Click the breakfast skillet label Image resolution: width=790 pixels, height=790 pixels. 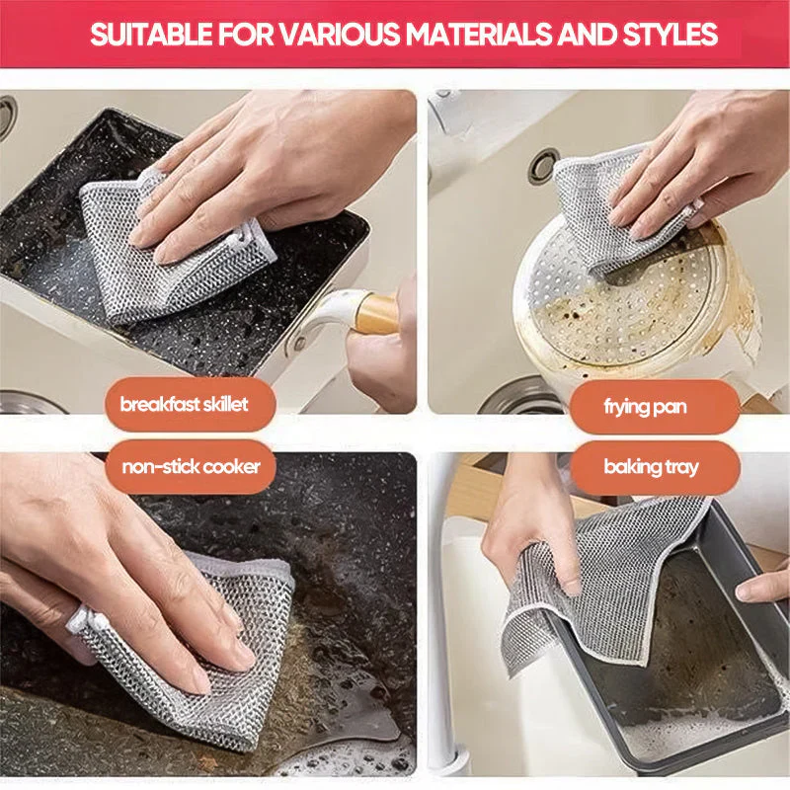tap(185, 405)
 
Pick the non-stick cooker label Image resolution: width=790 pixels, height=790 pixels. tap(191, 466)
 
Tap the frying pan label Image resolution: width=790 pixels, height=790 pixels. tap(645, 406)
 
